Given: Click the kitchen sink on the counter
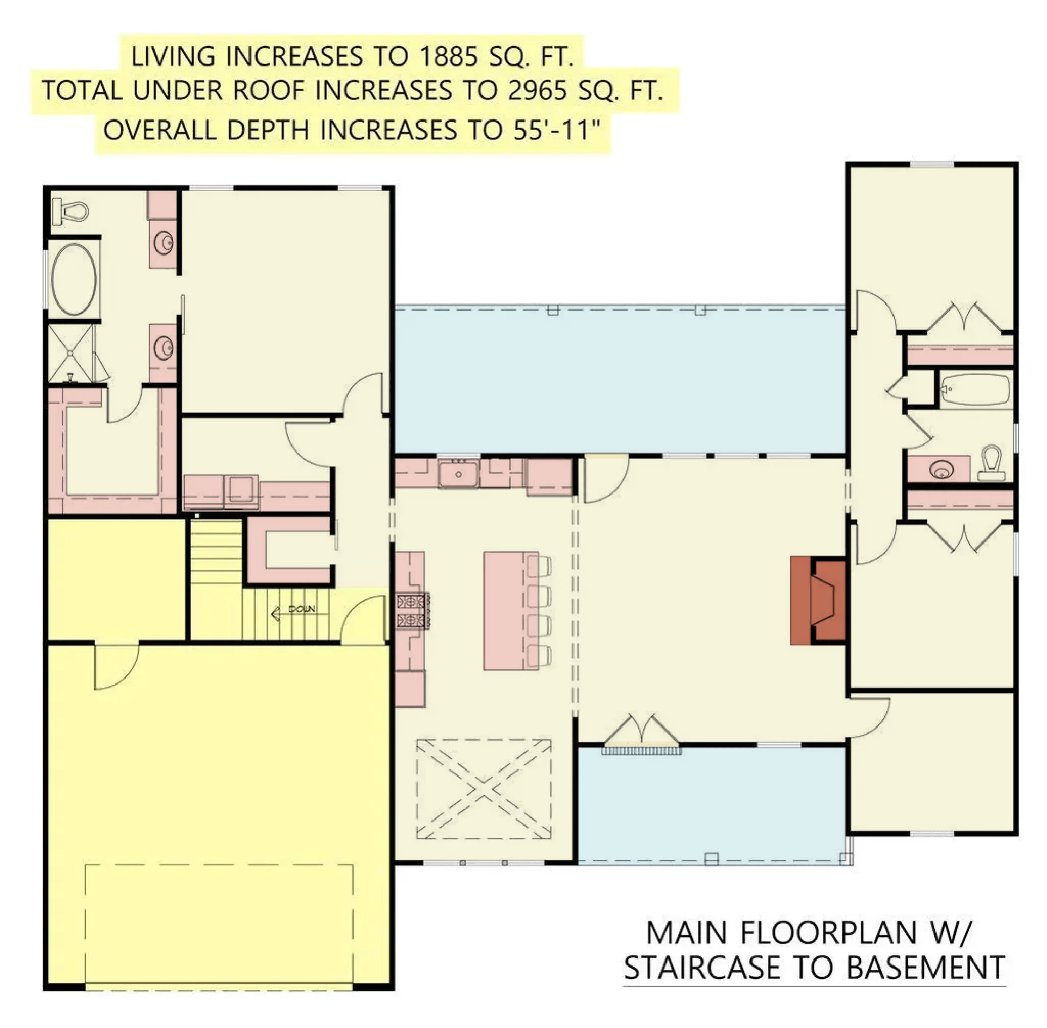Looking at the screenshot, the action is (x=458, y=474).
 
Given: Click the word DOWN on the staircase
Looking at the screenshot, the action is (x=302, y=609).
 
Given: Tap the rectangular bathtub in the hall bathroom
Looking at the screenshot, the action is (x=975, y=389).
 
